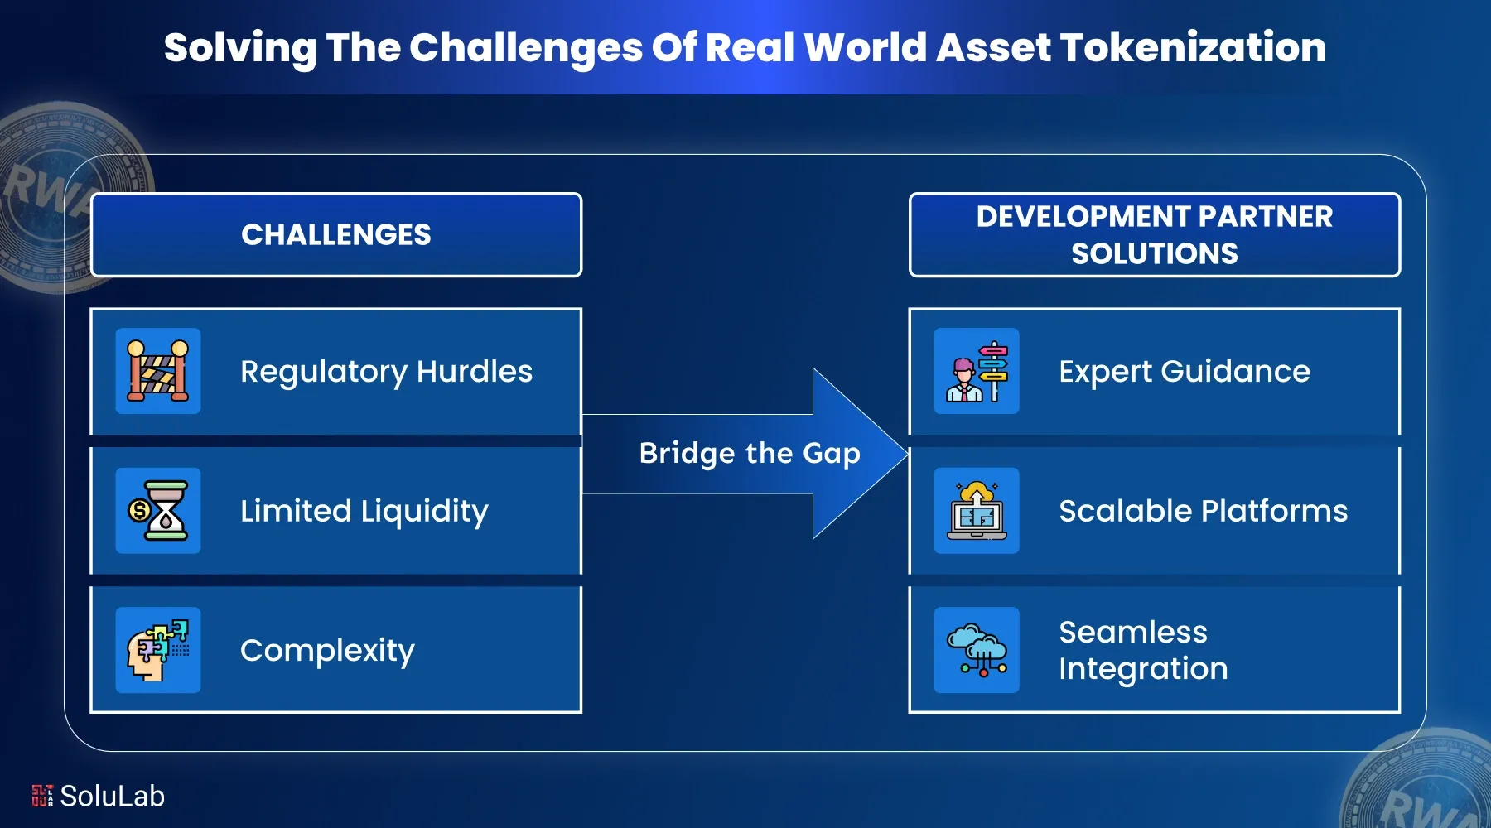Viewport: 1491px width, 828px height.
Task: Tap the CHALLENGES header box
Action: click(x=336, y=235)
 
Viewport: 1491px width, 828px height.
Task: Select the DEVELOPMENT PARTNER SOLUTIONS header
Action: click(x=1154, y=235)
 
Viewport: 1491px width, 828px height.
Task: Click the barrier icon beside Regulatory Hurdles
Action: click(x=158, y=371)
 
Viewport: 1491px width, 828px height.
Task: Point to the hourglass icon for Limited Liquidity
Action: click(x=158, y=511)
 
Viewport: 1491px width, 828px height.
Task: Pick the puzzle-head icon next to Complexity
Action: click(x=158, y=650)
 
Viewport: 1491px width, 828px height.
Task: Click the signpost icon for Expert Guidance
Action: click(x=977, y=371)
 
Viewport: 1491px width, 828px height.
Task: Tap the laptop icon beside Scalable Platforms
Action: click(x=977, y=511)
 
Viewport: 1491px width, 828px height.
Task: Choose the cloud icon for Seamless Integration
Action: click(x=977, y=650)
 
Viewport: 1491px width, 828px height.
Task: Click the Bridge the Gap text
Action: click(x=750, y=454)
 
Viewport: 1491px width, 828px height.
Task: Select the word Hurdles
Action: click(x=474, y=372)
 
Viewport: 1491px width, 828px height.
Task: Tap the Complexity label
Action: click(x=327, y=651)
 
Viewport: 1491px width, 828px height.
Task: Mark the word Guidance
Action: click(x=1235, y=372)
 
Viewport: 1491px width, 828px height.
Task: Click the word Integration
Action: click(x=1143, y=669)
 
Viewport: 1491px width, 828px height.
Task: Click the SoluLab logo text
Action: click(x=112, y=797)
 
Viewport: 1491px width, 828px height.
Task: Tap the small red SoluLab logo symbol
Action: click(x=42, y=796)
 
